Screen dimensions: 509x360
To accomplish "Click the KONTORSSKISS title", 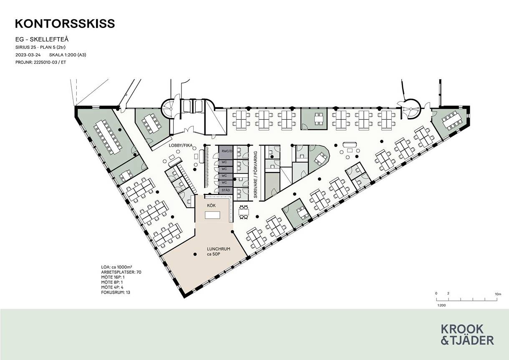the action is coord(65,24).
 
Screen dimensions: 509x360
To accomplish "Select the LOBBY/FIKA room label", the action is coord(181,145).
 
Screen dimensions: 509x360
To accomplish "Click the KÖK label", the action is coord(212,205).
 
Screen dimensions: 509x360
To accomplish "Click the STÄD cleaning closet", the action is coord(226,190).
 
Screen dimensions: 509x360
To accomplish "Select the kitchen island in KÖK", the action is coord(212,215).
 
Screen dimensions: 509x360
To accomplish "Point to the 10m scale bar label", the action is coord(498,294).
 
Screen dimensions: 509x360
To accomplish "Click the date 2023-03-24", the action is coord(28,55).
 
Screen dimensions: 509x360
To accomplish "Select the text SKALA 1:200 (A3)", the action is coord(68,55).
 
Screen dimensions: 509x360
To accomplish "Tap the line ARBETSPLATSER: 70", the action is coord(121,272).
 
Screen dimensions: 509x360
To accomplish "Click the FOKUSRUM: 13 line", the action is coord(116,292).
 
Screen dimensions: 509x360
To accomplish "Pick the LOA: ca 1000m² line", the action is coord(117,267).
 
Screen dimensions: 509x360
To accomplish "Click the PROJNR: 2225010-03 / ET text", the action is coord(40,62).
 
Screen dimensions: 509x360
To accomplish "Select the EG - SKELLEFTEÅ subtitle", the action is coord(42,39).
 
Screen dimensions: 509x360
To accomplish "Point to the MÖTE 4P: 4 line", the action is coord(112,287).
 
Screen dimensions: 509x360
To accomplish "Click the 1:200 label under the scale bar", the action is coord(441,305).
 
